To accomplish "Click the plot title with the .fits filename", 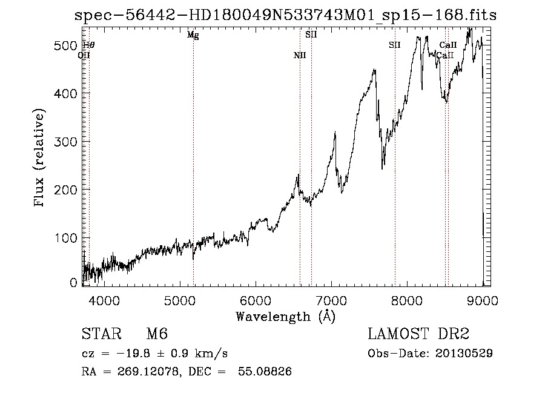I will [x=285, y=16].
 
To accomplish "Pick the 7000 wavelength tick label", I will [x=331, y=301].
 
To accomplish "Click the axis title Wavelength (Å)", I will [x=285, y=316].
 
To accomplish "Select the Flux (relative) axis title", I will [x=40, y=159].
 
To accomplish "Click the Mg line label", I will [x=193, y=35].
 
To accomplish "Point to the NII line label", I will [x=300, y=56].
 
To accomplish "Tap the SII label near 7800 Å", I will [x=395, y=45].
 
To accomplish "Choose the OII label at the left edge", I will [x=84, y=55].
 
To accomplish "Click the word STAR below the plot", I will [x=99, y=334].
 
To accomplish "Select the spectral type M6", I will [x=157, y=334].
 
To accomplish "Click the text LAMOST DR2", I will [x=418, y=334].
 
